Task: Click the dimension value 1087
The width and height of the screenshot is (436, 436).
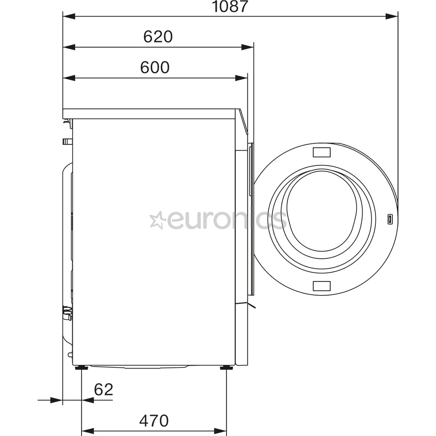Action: [x=230, y=6]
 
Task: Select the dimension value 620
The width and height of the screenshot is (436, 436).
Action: [x=158, y=37]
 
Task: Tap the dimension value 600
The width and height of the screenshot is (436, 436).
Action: [x=155, y=67]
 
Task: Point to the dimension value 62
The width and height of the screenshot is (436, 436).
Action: [x=103, y=390]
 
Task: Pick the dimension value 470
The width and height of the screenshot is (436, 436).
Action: [x=154, y=421]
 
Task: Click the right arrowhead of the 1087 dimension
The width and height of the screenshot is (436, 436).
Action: [x=391, y=17]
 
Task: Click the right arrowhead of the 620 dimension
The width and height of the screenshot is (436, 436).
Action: [x=247, y=47]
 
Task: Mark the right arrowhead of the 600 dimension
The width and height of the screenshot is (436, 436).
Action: [x=241, y=78]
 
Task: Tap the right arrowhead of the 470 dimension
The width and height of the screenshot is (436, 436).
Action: [x=220, y=431]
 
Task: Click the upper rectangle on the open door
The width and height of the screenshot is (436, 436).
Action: [x=322, y=152]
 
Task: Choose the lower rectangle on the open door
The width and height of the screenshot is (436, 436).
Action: [x=322, y=286]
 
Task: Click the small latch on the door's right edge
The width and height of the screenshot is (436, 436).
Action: [x=390, y=219]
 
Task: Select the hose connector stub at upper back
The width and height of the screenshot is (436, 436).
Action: [x=67, y=141]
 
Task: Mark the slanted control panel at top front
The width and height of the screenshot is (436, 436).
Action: [x=243, y=122]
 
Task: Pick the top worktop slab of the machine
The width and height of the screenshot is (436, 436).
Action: [x=149, y=113]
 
